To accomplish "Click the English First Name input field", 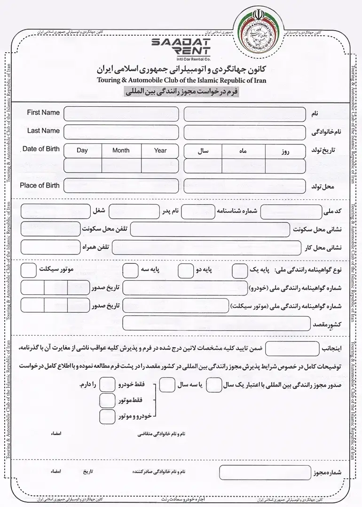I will pyautogui.click(x=121, y=114).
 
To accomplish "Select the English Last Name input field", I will pyautogui.click(x=121, y=132).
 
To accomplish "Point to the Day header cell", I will pyautogui.click(x=82, y=151).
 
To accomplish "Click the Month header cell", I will pyautogui.click(x=121, y=151).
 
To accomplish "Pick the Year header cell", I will pyautogui.click(x=160, y=151).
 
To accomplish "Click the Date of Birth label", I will pyautogui.click(x=41, y=149).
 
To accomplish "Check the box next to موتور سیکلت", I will pyautogui.click(x=29, y=270).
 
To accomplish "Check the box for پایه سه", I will pyautogui.click(x=130, y=270).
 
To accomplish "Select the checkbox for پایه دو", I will pyautogui.click(x=186, y=270).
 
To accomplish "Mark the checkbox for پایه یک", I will pyautogui.click(x=240, y=270).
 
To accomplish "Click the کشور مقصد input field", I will pyautogui.click(x=216, y=323).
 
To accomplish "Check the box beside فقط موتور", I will pyautogui.click(x=108, y=400).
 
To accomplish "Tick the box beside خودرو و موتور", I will pyautogui.click(x=108, y=416).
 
